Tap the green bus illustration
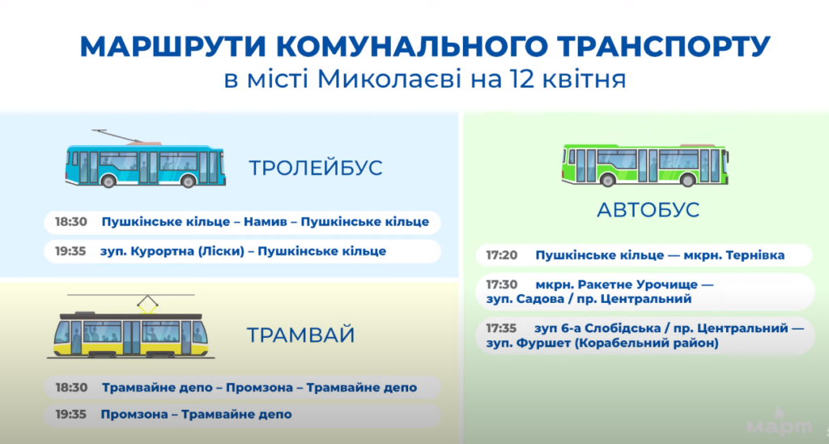click(x=645, y=164)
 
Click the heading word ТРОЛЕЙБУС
click(x=316, y=168)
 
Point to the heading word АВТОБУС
click(x=648, y=210)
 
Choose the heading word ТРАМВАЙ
click(x=300, y=335)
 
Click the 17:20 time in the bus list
click(x=502, y=255)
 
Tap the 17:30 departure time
click(x=502, y=284)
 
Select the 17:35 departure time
click(x=501, y=328)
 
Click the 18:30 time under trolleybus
click(x=71, y=222)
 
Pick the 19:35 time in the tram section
click(x=71, y=414)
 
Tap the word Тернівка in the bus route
click(x=755, y=255)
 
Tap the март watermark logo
click(x=780, y=424)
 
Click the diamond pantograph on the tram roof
click(x=147, y=303)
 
